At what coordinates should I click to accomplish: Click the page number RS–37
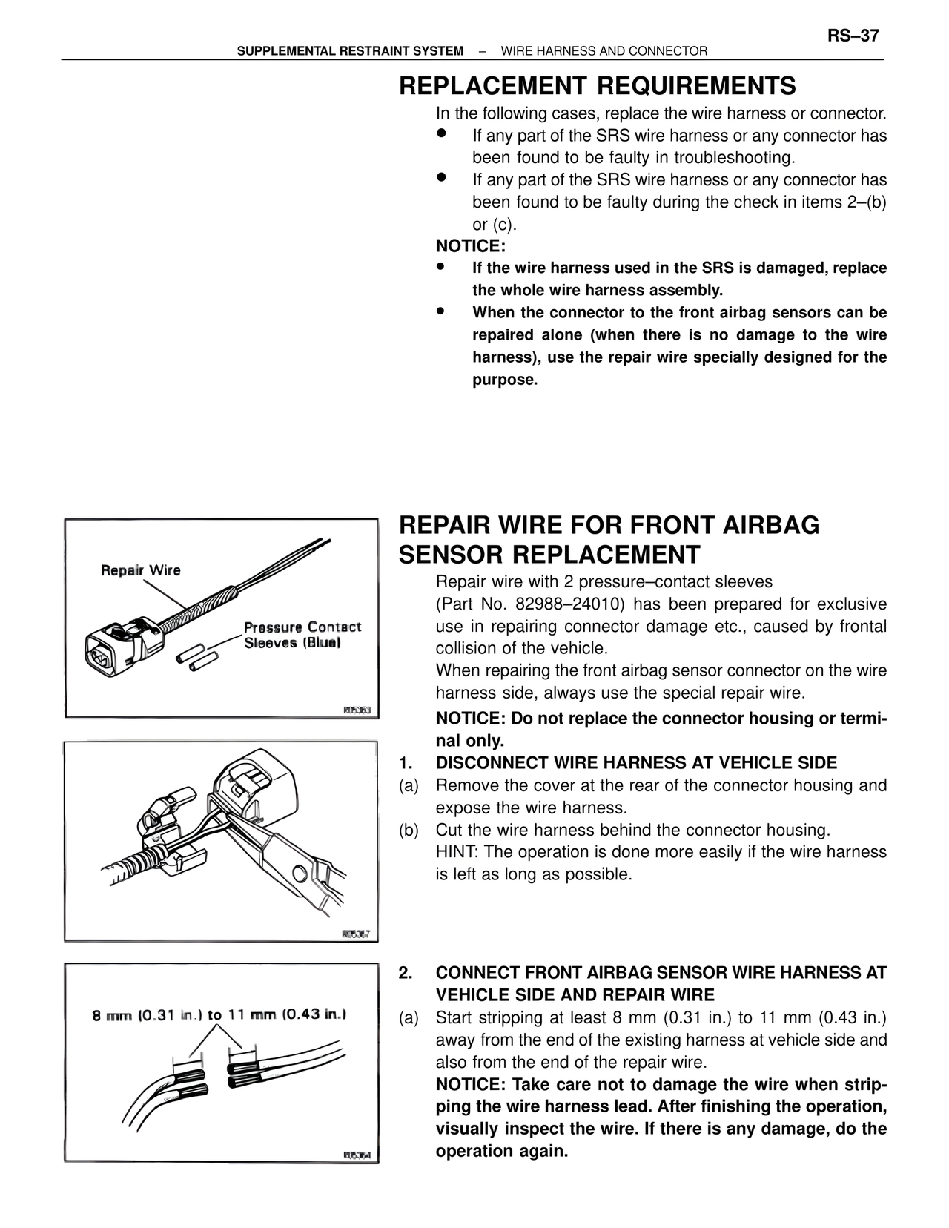pyautogui.click(x=853, y=36)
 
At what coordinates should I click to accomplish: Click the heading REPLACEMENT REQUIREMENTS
pyautogui.click(x=597, y=86)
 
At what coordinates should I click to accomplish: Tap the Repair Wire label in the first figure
pyautogui.click(x=140, y=570)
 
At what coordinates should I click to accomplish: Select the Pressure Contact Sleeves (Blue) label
pyautogui.click(x=302, y=635)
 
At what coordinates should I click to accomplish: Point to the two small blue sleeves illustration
pyautogui.click(x=196, y=659)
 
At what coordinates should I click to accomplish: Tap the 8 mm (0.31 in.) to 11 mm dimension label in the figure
pyautogui.click(x=219, y=1014)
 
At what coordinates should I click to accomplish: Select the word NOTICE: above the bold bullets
pyautogui.click(x=470, y=246)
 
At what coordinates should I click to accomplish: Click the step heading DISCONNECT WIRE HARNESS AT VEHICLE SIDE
pyautogui.click(x=636, y=763)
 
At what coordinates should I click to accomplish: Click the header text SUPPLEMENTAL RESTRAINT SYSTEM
pyautogui.click(x=350, y=51)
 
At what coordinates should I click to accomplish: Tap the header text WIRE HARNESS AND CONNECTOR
pyautogui.click(x=604, y=51)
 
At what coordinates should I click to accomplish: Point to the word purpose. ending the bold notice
pyautogui.click(x=504, y=380)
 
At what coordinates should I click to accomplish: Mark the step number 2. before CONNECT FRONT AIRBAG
pyautogui.click(x=405, y=973)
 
